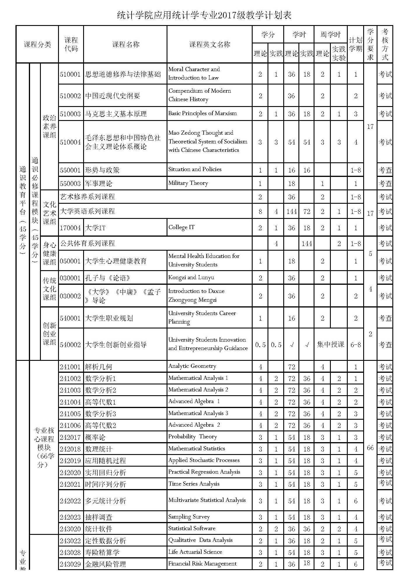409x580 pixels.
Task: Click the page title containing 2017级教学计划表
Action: tap(204, 15)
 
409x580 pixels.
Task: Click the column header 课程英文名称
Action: tap(209, 44)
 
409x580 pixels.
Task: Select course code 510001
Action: tap(70, 74)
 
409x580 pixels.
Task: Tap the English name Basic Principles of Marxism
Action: tap(202, 113)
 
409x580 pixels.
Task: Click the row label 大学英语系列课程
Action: tap(88, 211)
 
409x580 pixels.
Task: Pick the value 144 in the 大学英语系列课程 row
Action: tap(291, 212)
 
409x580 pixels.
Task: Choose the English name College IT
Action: tap(181, 227)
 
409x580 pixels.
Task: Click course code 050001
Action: tap(70, 261)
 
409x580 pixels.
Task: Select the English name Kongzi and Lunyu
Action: tap(191, 277)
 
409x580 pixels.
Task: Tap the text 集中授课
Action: tap(331, 345)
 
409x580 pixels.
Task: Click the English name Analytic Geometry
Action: tap(192, 366)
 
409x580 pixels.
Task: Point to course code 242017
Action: tap(70, 437)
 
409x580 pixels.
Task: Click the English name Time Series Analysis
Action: tap(194, 484)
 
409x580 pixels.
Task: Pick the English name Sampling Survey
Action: tap(189, 517)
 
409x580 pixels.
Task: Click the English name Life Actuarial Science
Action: tap(195, 552)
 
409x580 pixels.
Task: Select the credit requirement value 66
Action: tap(370, 448)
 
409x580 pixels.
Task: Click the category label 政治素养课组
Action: tap(49, 126)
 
